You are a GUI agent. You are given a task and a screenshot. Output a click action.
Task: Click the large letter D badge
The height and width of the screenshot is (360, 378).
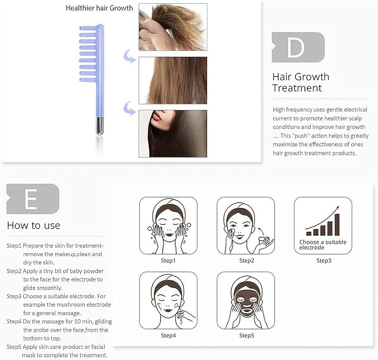[298, 47]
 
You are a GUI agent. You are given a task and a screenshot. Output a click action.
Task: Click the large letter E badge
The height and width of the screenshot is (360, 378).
[33, 199]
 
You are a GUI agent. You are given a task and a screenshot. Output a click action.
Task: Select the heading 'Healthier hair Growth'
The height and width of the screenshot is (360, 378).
[99, 8]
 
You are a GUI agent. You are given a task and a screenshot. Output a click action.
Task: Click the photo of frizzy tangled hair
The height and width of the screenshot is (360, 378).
[173, 27]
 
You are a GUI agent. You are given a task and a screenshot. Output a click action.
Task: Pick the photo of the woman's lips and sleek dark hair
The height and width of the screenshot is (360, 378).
[173, 134]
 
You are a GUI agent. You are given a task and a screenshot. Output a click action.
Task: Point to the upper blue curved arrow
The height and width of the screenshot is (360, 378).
[130, 56]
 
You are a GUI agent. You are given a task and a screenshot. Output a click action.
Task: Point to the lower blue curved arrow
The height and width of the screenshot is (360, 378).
[130, 108]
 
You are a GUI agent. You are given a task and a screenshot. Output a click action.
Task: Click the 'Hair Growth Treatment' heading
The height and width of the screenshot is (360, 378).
[301, 82]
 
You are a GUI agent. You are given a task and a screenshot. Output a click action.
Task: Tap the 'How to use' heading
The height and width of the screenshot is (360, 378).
[33, 225]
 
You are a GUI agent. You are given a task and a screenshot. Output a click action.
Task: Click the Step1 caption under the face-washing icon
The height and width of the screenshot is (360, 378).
[168, 260]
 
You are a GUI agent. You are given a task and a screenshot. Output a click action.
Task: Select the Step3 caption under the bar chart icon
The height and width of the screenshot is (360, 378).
[324, 260]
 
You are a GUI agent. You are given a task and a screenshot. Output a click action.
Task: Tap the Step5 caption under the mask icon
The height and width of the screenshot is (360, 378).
[247, 336]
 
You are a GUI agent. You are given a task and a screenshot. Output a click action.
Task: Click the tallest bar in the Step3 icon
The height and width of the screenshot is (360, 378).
[337, 225]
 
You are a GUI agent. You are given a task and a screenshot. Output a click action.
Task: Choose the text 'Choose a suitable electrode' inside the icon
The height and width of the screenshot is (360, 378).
[323, 245]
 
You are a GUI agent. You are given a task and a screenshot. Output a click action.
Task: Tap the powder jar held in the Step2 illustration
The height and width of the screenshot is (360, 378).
[264, 240]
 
